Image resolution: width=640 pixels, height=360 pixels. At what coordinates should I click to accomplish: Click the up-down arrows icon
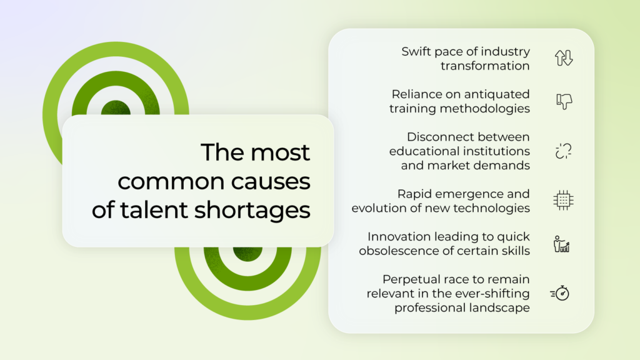564,58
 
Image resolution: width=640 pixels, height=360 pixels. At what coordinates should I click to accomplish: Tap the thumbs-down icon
564,101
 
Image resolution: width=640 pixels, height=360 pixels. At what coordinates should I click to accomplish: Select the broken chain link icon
563,151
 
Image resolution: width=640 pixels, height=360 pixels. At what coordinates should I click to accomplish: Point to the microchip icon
563,201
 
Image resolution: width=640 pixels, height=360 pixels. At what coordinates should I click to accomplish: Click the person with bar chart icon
562,244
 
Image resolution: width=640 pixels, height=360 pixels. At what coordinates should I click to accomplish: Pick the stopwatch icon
560,293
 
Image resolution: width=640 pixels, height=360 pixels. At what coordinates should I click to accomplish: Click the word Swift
416,52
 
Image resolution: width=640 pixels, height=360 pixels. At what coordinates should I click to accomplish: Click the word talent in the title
154,210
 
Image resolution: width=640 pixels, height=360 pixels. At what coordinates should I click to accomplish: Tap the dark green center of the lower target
247,254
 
